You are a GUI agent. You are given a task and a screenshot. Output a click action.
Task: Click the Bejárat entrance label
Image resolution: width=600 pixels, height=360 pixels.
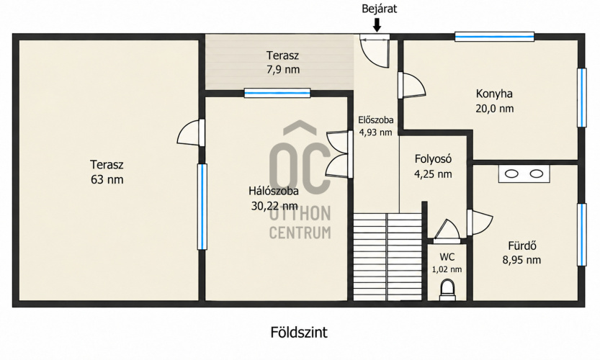pyautogui.click(x=379, y=9)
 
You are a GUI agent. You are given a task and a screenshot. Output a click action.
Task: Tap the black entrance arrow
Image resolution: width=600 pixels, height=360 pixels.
pyautogui.click(x=377, y=25)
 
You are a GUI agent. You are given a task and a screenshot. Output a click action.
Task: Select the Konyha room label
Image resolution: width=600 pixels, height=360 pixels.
pyautogui.click(x=494, y=94)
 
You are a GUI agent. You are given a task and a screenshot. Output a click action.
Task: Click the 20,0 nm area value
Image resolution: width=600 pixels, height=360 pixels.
pyautogui.click(x=494, y=109)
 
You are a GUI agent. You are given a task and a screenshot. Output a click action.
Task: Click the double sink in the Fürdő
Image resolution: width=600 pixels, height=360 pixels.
pyautogui.click(x=524, y=174)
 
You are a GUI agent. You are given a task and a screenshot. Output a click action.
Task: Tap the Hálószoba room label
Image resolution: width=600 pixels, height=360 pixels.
pyautogui.click(x=274, y=191)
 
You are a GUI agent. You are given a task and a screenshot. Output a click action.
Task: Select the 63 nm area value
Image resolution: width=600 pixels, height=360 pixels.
pyautogui.click(x=107, y=179)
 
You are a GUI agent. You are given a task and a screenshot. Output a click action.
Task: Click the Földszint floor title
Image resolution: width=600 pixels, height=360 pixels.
pyautogui.click(x=299, y=333)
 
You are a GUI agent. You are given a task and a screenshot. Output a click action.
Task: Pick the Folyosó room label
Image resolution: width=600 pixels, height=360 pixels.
pyautogui.click(x=433, y=159)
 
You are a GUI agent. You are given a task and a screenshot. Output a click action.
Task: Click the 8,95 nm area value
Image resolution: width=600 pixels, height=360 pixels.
pyautogui.click(x=521, y=260)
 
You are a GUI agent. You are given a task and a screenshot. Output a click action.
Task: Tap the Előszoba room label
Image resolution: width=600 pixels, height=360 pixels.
pyautogui.click(x=376, y=120)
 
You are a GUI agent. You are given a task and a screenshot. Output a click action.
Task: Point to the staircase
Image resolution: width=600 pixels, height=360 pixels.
pyautogui.click(x=388, y=257)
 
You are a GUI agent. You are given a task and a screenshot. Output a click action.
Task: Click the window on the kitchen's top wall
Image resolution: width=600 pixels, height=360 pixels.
pyautogui.click(x=494, y=37)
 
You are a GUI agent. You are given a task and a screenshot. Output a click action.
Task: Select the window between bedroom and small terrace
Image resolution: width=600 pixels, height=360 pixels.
pyautogui.click(x=277, y=93)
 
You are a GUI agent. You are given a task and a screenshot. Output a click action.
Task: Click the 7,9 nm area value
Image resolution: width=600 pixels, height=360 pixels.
pyautogui.click(x=283, y=70)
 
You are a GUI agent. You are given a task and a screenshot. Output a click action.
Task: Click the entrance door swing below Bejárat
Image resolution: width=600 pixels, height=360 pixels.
pyautogui.click(x=375, y=53)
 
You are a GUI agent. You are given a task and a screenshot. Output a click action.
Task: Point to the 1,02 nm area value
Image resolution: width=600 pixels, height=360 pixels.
pyautogui.click(x=447, y=270)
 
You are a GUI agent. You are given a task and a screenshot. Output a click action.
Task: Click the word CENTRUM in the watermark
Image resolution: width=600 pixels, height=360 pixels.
pyautogui.click(x=300, y=233)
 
